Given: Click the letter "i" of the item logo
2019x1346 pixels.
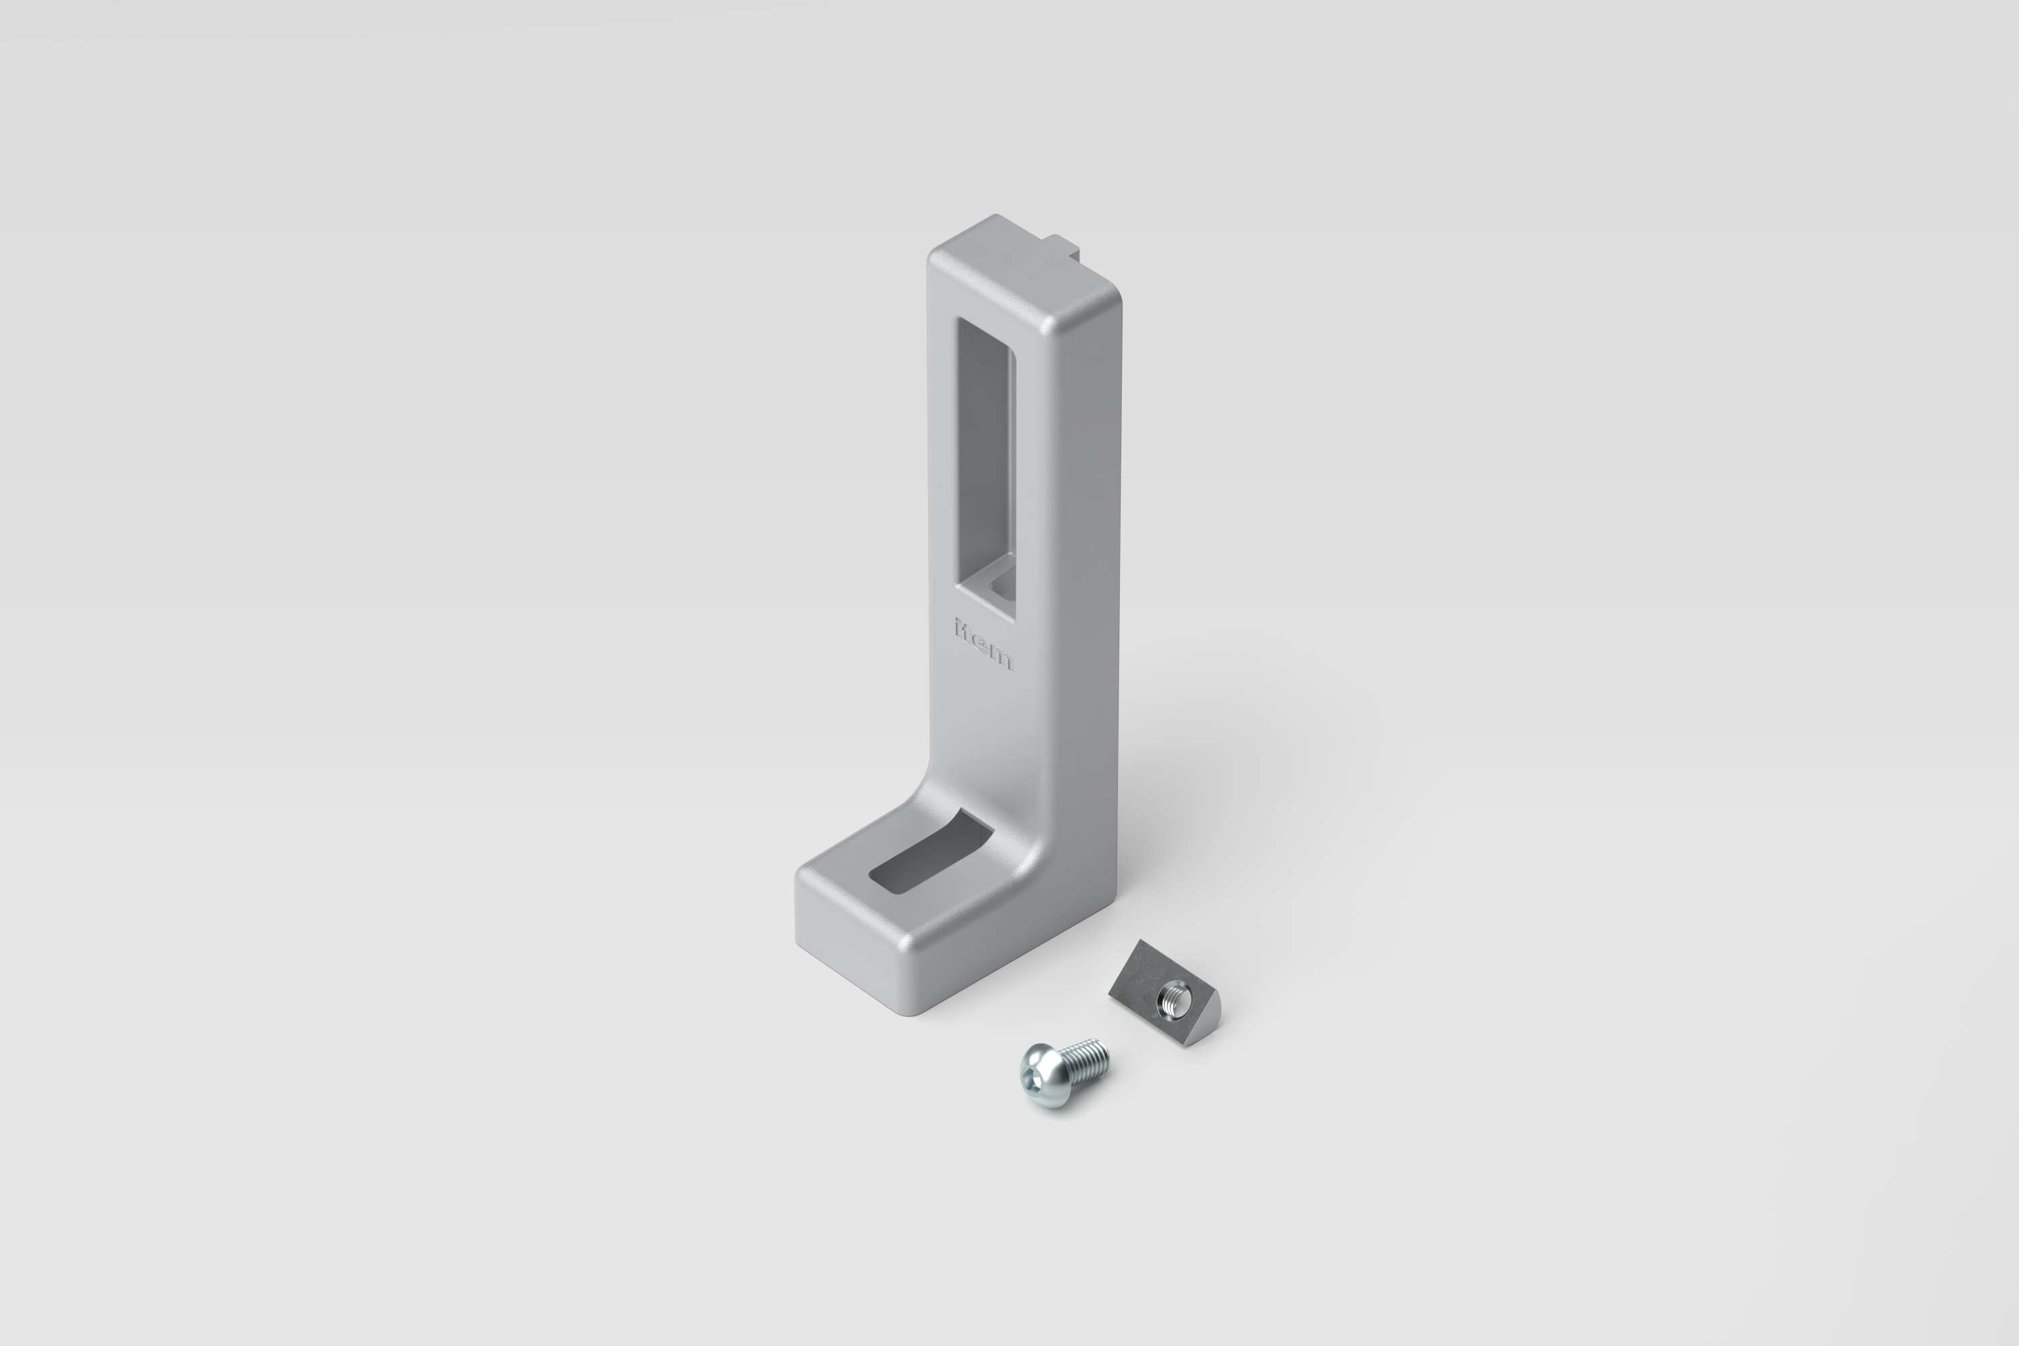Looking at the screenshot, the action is [959, 629].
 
